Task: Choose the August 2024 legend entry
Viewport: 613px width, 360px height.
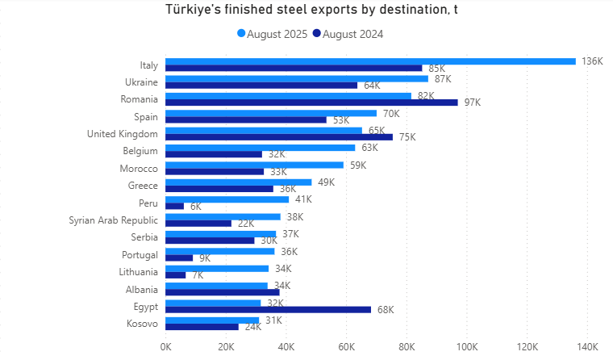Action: click(348, 34)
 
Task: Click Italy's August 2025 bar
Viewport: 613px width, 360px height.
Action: click(370, 61)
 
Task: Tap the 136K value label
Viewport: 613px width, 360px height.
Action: click(592, 61)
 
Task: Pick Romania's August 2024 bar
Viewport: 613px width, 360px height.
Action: click(311, 103)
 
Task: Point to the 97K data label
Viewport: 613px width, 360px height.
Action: click(472, 103)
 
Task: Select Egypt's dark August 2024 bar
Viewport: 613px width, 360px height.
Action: click(268, 309)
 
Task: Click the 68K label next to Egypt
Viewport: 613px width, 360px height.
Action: click(384, 309)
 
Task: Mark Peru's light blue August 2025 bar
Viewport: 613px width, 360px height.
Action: click(227, 199)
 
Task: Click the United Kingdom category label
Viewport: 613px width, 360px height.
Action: click(123, 133)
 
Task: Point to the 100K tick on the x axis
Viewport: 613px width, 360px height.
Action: click(466, 347)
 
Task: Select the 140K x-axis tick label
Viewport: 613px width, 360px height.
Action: click(586, 347)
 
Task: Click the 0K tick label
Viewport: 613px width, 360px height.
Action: click(165, 347)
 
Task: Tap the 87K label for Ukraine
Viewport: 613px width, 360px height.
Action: click(442, 79)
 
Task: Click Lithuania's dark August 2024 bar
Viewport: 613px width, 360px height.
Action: click(176, 275)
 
